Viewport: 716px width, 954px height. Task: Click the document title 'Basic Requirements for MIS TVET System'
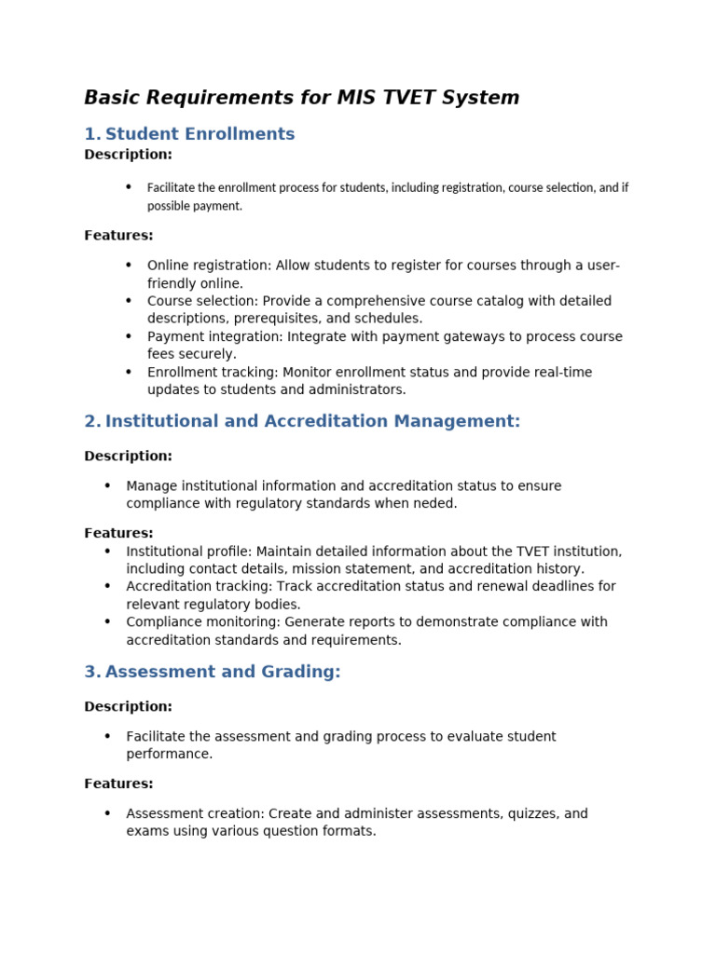pyautogui.click(x=301, y=98)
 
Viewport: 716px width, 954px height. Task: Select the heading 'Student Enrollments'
pyautogui.click(x=200, y=134)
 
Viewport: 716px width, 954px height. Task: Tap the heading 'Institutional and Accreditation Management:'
pyautogui.click(x=312, y=421)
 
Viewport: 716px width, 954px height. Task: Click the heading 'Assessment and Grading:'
pyautogui.click(x=223, y=672)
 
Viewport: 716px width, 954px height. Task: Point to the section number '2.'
pyautogui.click(x=92, y=421)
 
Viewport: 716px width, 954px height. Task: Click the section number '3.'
pyautogui.click(x=92, y=672)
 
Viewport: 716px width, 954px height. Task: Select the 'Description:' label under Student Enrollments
pyautogui.click(x=128, y=155)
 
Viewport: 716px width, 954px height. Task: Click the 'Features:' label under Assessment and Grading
pyautogui.click(x=118, y=784)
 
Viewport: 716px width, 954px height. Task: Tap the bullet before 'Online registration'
pyautogui.click(x=129, y=266)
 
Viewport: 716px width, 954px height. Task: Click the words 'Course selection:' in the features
pyautogui.click(x=202, y=301)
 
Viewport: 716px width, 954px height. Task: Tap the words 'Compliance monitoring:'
pyautogui.click(x=203, y=621)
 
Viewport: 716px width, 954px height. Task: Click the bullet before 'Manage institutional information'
pyautogui.click(x=108, y=485)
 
